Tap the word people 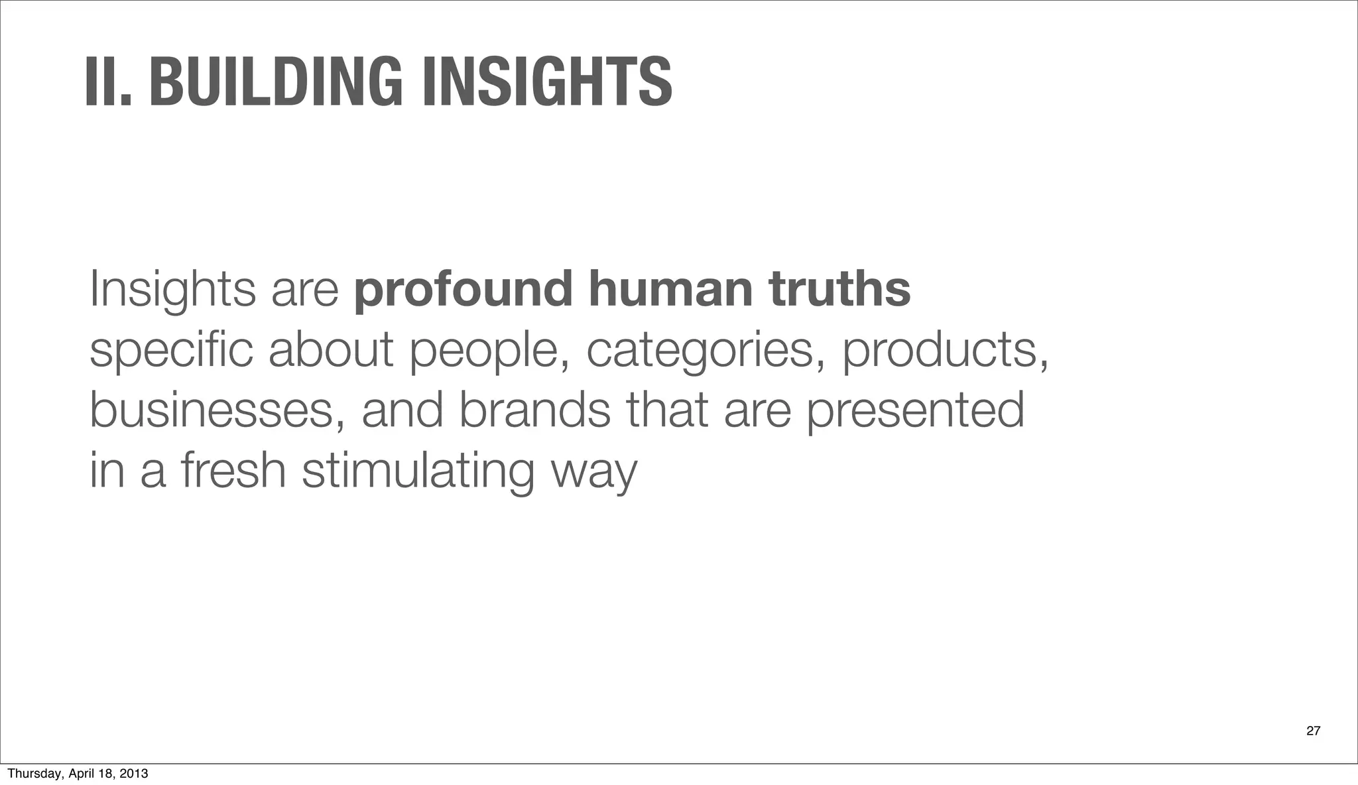[x=489, y=351]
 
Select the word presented [x=915, y=411]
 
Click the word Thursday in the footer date [x=31, y=774]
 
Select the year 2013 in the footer [x=135, y=774]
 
